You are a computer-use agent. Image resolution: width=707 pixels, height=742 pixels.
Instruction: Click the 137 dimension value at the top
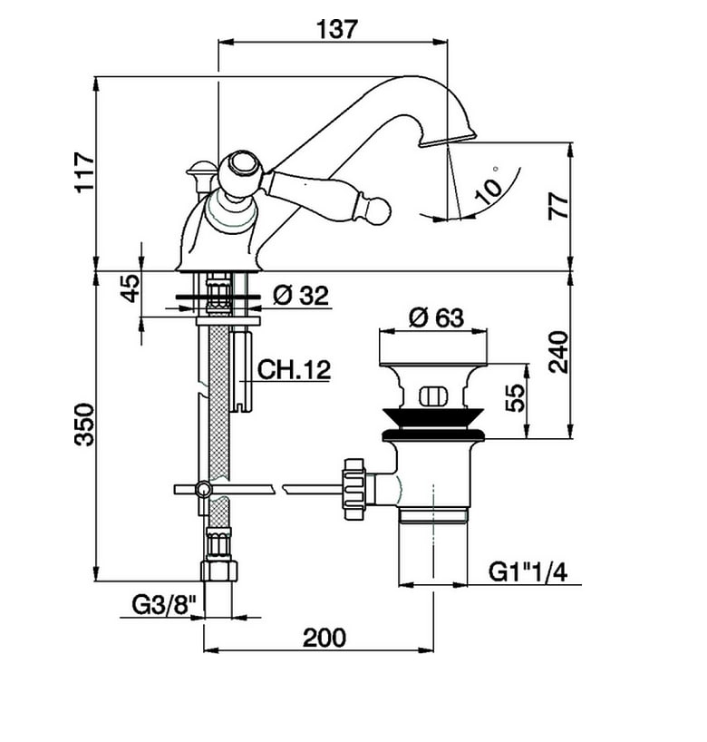(336, 29)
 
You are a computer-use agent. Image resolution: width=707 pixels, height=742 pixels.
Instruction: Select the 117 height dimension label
(83, 171)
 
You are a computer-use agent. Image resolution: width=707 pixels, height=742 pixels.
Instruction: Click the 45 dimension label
(131, 288)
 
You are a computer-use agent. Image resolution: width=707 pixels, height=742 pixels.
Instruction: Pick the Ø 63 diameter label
(436, 317)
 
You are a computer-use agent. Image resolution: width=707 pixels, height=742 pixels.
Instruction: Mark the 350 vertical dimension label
(83, 424)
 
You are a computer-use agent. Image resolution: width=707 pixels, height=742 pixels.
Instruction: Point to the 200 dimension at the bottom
(324, 638)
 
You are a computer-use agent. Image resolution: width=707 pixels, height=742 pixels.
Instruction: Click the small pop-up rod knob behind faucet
(199, 168)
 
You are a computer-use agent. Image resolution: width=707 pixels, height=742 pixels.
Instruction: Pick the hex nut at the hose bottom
(218, 571)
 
